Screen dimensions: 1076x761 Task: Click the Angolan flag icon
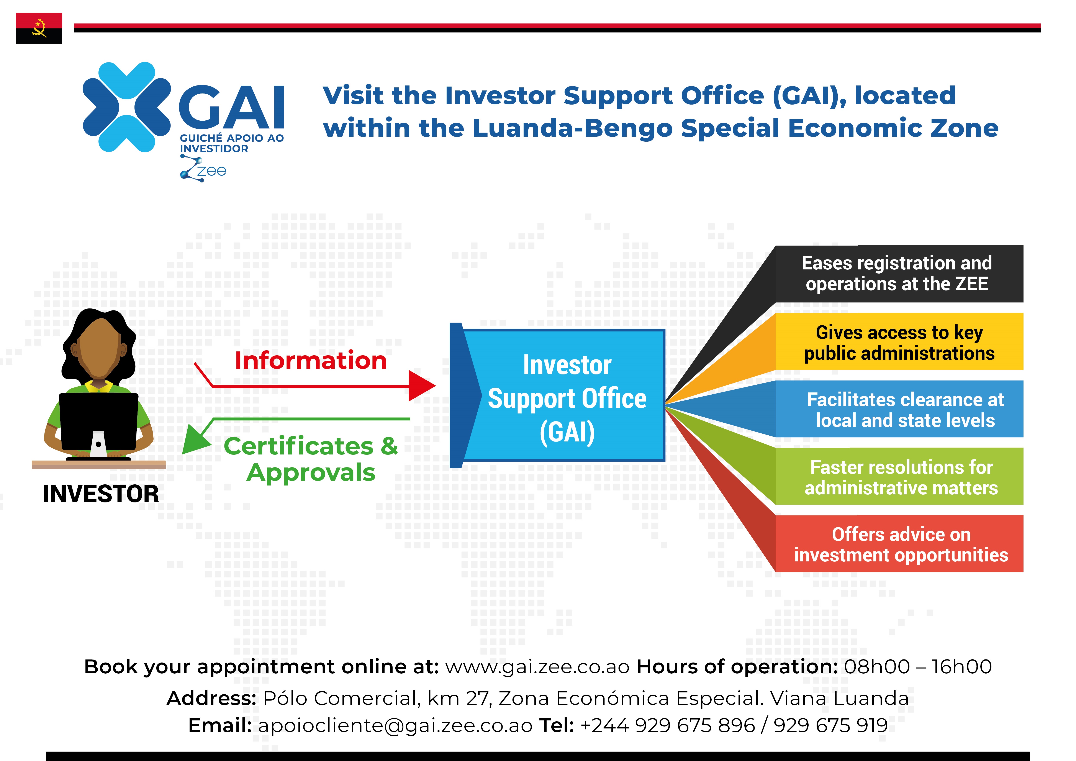39,28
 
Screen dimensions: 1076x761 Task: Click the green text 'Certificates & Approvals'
311,459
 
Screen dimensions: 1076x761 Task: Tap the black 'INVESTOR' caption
101,494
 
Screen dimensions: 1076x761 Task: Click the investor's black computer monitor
98,422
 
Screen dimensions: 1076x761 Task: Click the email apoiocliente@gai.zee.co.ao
395,725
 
